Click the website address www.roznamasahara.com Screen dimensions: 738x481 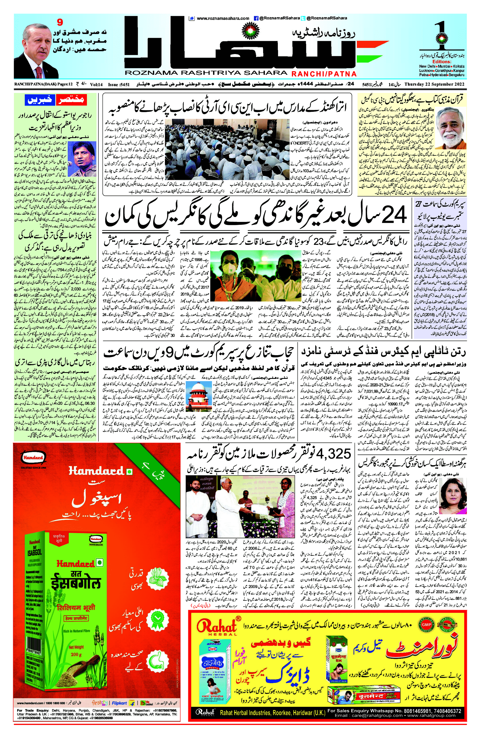(x=222, y=18)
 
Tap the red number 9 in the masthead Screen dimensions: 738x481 (x=60, y=22)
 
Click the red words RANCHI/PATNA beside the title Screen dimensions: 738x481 (x=324, y=74)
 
